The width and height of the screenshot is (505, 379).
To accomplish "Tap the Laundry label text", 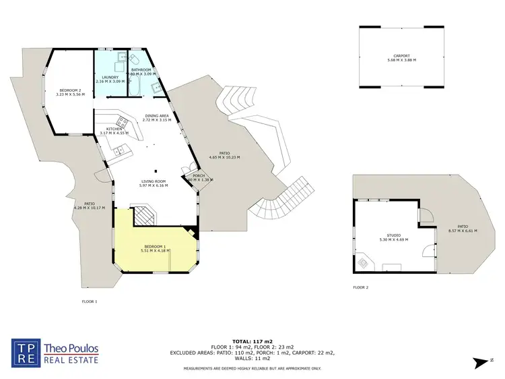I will click(x=110, y=77).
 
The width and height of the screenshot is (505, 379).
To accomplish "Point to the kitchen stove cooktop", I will click(x=123, y=121).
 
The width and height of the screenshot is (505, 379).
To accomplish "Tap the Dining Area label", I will click(x=157, y=115).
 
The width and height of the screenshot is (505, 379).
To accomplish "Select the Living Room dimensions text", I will click(x=154, y=185).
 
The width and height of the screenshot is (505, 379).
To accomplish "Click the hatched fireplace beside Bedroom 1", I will click(x=143, y=216).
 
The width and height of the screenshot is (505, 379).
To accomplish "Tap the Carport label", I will click(x=401, y=56).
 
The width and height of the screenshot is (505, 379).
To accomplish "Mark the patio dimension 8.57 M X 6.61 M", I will click(x=463, y=231).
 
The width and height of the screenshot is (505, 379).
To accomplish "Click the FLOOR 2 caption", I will click(x=361, y=287).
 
